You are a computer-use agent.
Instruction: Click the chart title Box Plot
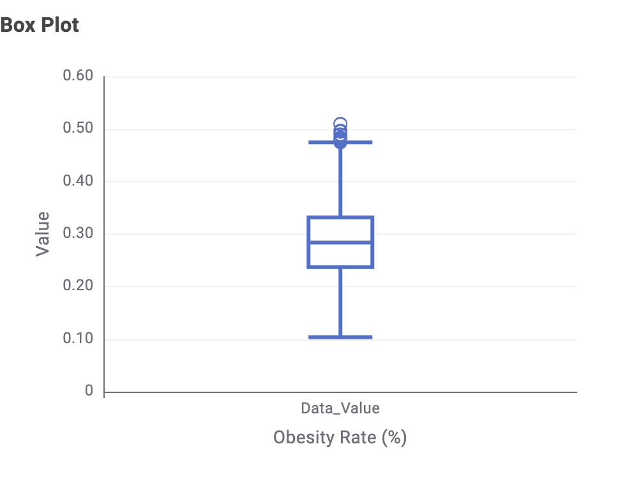40,26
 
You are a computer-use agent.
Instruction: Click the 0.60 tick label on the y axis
78,77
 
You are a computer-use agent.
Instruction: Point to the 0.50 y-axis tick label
78,129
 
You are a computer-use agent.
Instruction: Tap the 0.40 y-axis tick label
78,181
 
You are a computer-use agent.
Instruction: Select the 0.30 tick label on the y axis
78,233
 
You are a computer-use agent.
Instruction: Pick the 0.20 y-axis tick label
78,286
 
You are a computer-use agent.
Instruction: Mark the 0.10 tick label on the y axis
78,339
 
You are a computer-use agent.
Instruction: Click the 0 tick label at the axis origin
89,391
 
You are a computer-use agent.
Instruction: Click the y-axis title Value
42,234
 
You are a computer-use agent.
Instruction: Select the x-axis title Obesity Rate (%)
340,438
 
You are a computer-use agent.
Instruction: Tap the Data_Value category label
340,408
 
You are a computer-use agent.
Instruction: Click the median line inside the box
340,242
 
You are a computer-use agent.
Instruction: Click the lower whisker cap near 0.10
340,337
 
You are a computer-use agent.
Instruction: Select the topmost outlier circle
340,124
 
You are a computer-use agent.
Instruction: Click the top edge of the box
340,218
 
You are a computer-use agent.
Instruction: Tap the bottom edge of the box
340,267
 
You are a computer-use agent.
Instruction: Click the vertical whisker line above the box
340,182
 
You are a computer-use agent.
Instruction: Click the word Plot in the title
60,26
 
